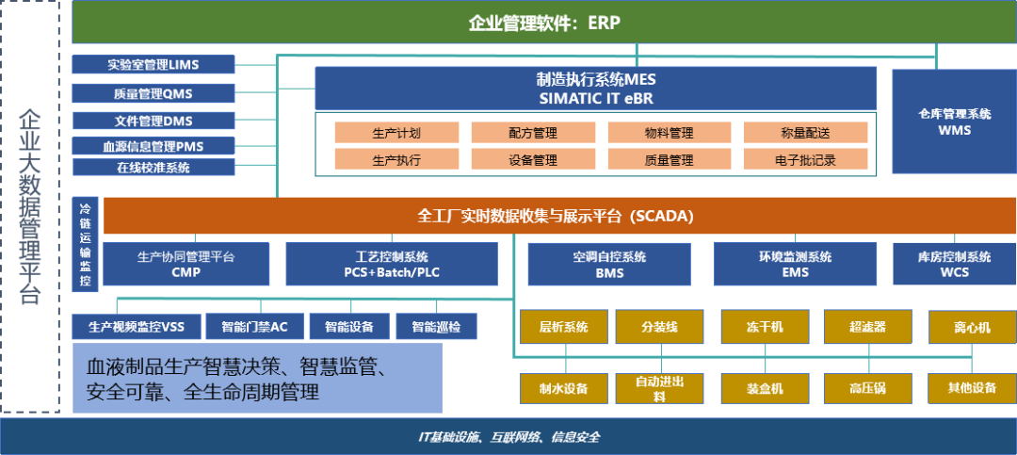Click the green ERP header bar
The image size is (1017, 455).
click(543, 23)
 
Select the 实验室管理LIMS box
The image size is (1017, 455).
click(153, 65)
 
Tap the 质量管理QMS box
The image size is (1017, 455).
click(153, 93)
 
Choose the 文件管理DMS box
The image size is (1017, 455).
click(153, 121)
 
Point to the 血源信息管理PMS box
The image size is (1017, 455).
click(153, 146)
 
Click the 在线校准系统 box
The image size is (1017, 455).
click(153, 168)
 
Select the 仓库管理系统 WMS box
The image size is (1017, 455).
click(954, 122)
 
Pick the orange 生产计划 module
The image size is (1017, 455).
click(396, 133)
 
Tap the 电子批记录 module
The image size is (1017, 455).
click(805, 160)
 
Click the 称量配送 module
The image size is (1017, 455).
click(805, 133)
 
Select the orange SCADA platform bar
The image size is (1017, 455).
click(556, 216)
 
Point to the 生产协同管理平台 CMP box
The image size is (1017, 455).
click(186, 264)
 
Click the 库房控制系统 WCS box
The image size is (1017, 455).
click(954, 264)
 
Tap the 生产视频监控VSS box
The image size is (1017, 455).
click(136, 327)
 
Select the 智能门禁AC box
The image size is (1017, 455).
click(254, 327)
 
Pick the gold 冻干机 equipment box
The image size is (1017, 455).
click(765, 327)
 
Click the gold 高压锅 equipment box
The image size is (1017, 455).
click(867, 387)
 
